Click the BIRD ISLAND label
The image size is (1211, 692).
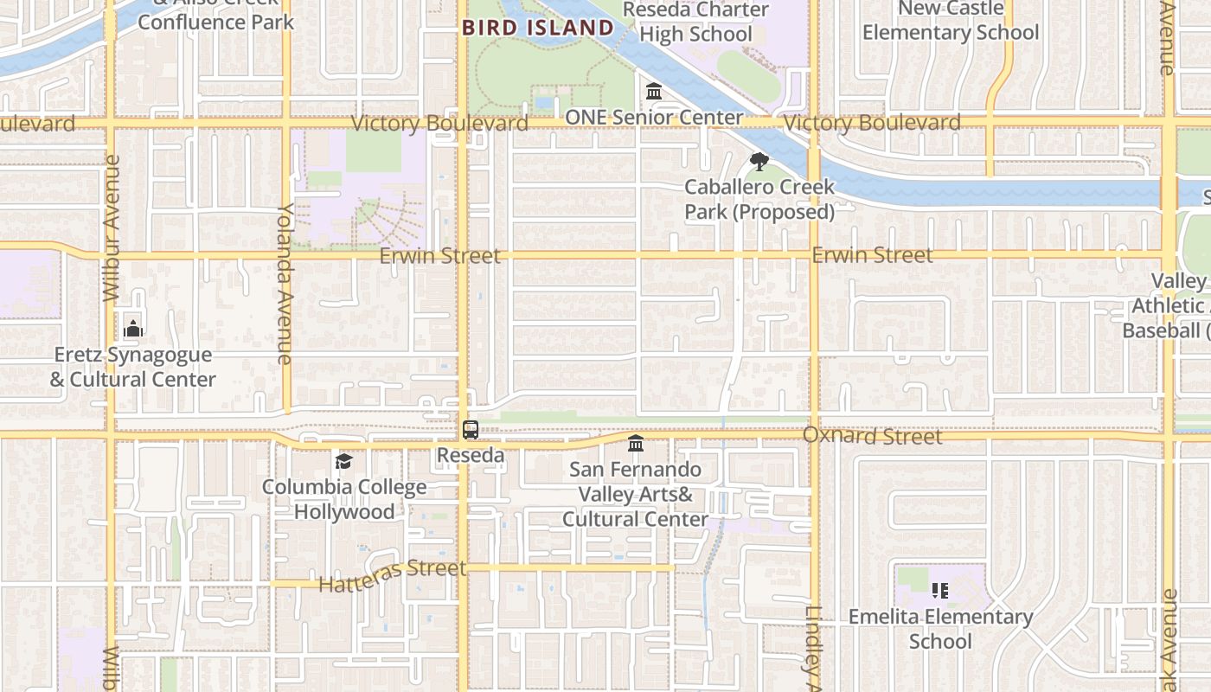[x=537, y=28]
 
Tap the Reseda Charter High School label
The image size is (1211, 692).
[x=695, y=22]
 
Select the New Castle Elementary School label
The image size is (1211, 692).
[x=951, y=21]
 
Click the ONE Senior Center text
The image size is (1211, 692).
[x=654, y=118]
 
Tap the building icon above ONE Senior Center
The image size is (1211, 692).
[x=654, y=91]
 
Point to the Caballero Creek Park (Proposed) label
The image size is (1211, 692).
[x=759, y=199]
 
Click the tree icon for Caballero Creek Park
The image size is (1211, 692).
[x=759, y=162]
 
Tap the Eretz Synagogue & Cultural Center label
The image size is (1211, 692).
[x=133, y=367]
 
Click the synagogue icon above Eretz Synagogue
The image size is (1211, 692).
[x=133, y=329]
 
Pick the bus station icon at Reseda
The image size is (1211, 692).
[x=471, y=430]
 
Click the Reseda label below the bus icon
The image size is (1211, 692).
[x=471, y=455]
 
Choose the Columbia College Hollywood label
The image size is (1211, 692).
[x=344, y=499]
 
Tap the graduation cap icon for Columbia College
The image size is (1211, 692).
[x=344, y=461]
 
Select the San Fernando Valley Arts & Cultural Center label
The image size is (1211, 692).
[x=636, y=494]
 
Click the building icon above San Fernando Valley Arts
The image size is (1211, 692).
[x=636, y=444]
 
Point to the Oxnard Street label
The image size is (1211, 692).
[x=872, y=436]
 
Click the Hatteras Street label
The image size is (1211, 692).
[x=392, y=576]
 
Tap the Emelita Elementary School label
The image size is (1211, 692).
[x=940, y=629]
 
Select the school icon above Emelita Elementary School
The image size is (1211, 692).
[x=940, y=591]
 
